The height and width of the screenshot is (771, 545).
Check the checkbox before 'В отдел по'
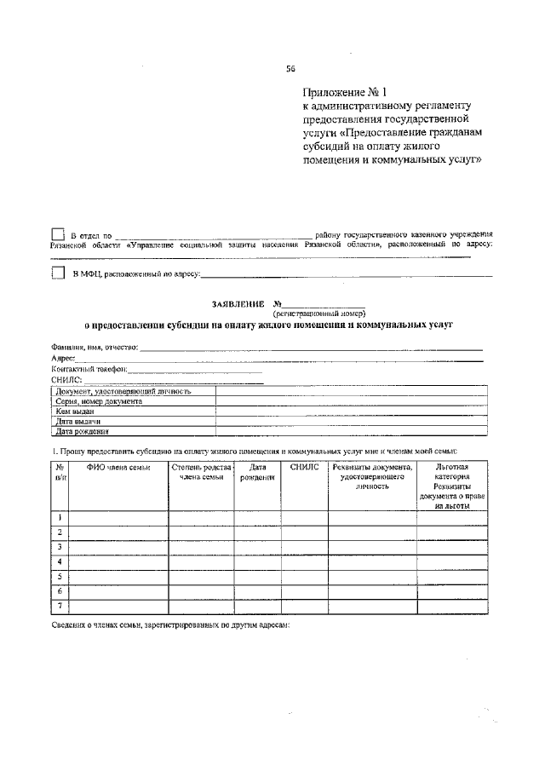click(x=58, y=234)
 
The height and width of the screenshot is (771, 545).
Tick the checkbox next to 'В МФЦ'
click(x=58, y=273)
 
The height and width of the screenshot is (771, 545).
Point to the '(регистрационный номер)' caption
click(x=324, y=314)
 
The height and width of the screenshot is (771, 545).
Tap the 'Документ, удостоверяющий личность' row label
click(x=123, y=391)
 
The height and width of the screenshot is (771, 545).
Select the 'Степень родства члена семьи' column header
click(x=202, y=472)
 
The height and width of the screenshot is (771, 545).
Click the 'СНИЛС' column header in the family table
click(x=304, y=467)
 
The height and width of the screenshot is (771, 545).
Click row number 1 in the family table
click(x=60, y=517)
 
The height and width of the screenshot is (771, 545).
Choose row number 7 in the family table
click(x=60, y=606)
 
